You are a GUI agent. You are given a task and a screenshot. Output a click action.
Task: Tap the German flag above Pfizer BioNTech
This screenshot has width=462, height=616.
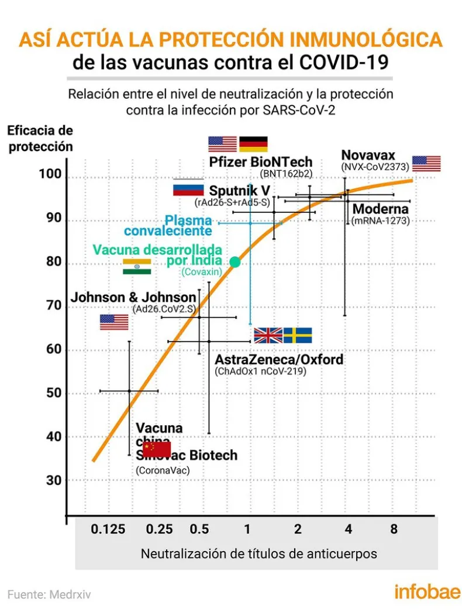pos(253,144)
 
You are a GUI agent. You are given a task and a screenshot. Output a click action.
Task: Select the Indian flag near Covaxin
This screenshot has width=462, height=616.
pos(137,267)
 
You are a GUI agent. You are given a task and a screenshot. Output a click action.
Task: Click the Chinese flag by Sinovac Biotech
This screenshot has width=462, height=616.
pos(156,449)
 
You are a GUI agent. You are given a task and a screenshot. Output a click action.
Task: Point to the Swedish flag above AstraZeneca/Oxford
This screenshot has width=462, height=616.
pos(298,335)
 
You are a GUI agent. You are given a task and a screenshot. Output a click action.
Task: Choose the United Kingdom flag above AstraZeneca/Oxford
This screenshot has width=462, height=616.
pos(268,335)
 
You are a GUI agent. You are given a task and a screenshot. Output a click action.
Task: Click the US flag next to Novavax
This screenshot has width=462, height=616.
pos(426,164)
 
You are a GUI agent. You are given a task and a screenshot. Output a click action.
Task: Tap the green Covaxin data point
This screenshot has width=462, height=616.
pos(235,262)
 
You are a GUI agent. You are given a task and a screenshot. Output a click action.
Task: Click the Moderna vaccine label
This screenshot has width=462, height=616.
pos(380,209)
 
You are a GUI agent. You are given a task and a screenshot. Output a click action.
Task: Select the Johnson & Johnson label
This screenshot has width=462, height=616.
pos(133,297)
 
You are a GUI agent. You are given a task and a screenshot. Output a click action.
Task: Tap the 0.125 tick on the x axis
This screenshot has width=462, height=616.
pos(108,529)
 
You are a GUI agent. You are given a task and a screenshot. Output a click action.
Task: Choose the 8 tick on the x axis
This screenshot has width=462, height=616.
pos(394,529)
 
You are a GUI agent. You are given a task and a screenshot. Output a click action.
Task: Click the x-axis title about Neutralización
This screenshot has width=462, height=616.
pos(258,553)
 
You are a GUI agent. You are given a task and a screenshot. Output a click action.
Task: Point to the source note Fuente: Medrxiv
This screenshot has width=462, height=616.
pos(49,594)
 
